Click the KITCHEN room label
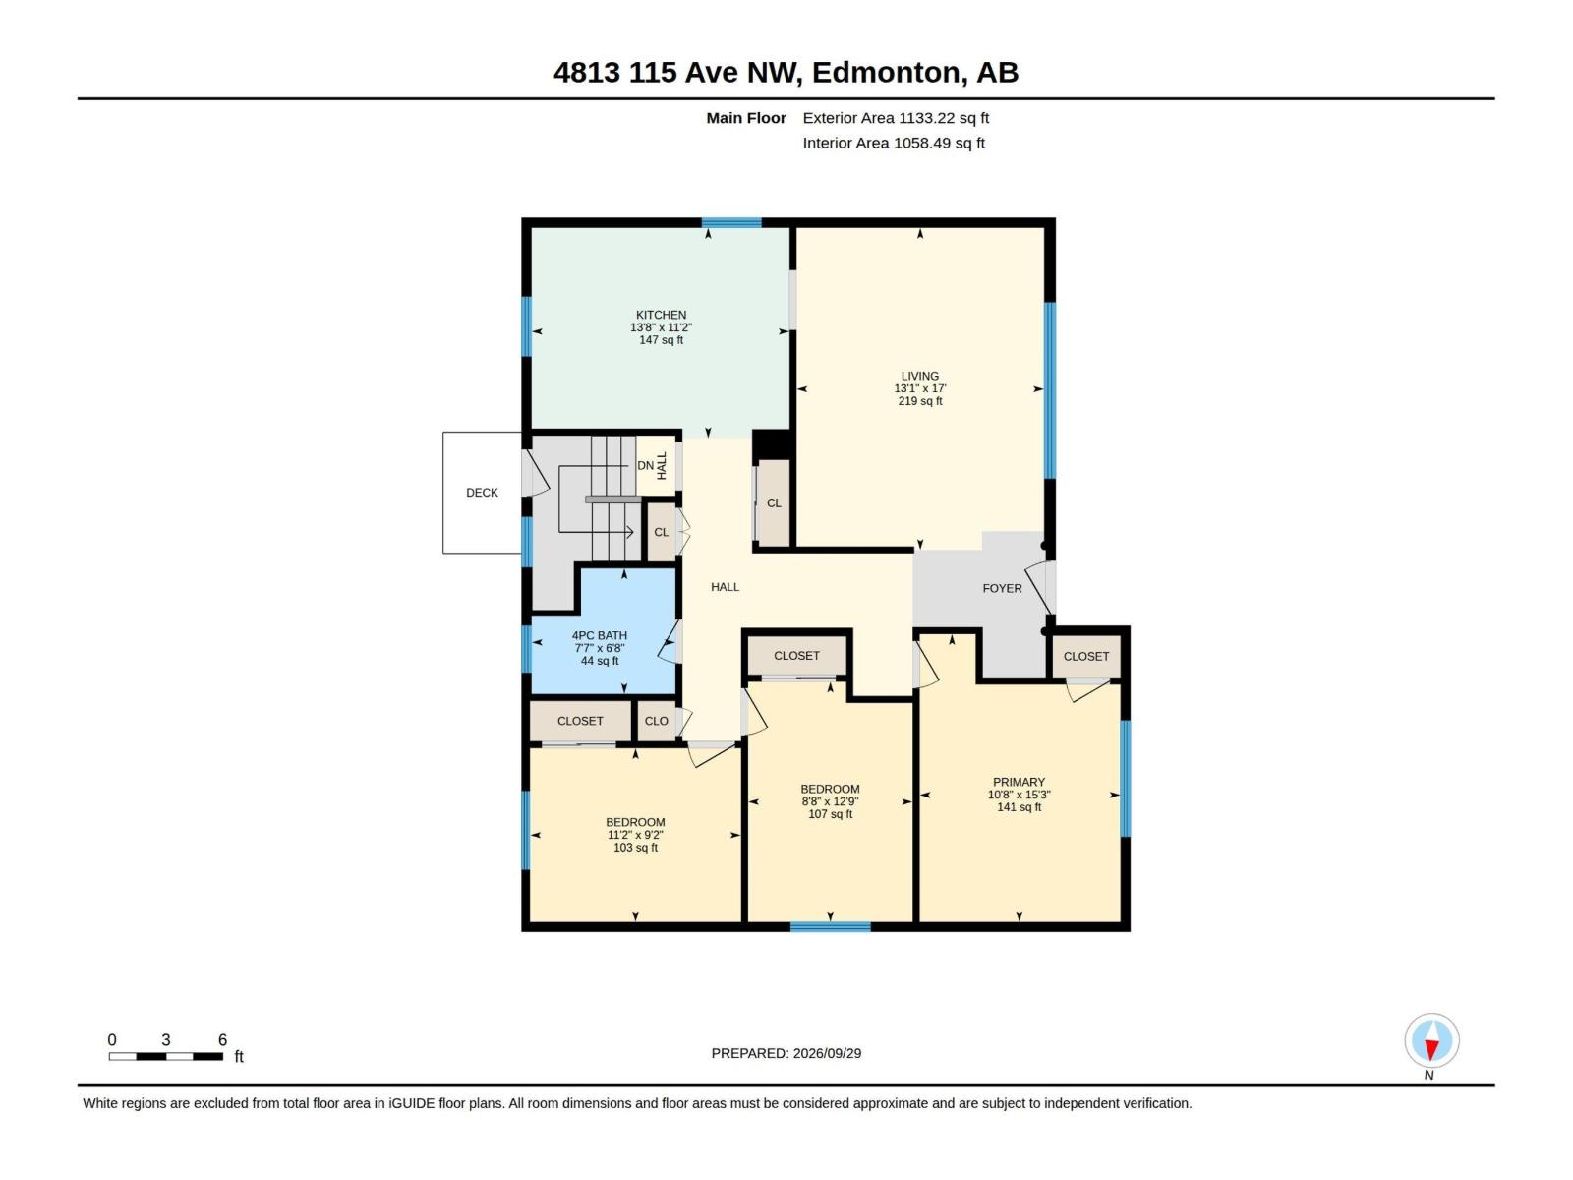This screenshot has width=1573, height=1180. click(661, 315)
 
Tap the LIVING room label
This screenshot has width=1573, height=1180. click(919, 376)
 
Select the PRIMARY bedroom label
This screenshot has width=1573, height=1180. click(1019, 782)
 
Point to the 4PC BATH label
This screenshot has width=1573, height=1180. click(599, 635)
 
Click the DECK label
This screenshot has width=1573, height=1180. click(482, 493)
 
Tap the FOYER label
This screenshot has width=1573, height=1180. click(1002, 588)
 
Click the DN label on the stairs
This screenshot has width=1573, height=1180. click(645, 466)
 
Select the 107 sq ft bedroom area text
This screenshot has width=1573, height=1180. click(830, 814)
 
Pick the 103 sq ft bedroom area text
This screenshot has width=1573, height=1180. click(635, 848)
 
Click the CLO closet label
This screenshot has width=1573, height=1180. click(656, 721)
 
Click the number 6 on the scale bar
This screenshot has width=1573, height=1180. click(222, 1039)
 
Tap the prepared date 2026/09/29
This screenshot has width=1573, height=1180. click(826, 1053)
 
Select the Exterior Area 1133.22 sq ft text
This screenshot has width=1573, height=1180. click(895, 118)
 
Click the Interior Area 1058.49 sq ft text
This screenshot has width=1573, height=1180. click(893, 144)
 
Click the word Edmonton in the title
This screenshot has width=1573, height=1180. click(886, 73)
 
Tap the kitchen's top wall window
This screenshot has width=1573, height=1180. click(731, 222)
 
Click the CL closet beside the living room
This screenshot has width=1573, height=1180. click(774, 502)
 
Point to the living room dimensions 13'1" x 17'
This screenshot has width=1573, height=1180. click(919, 388)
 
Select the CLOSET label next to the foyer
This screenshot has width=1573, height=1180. click(1085, 656)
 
